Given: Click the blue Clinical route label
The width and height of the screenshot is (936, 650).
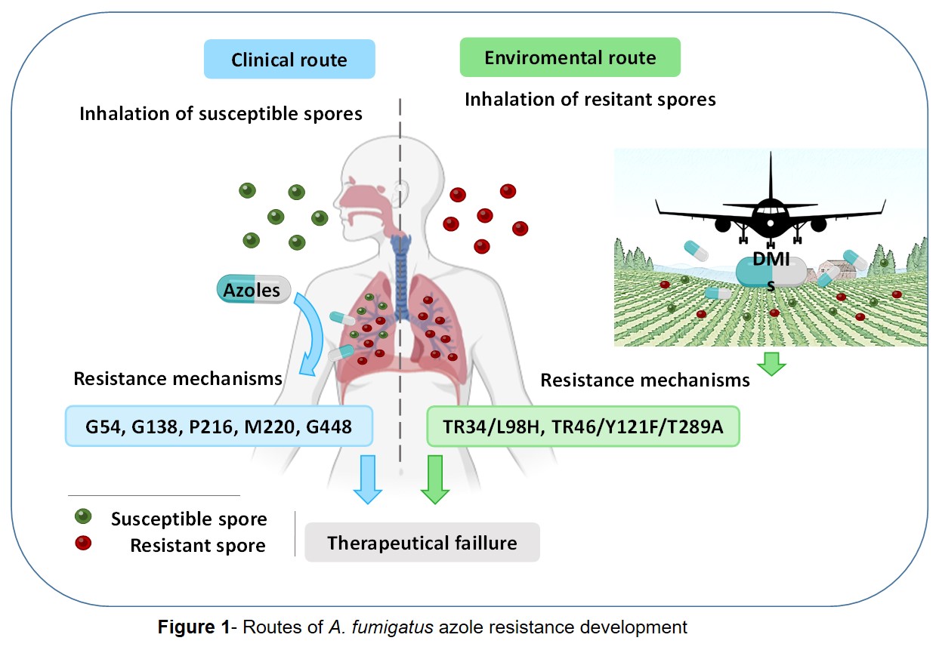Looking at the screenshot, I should [x=289, y=60].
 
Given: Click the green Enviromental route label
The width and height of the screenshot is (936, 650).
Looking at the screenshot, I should [x=570, y=58].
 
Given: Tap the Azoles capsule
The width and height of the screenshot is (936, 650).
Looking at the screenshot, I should [x=252, y=289].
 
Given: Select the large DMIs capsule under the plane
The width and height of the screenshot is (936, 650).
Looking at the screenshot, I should [x=771, y=270].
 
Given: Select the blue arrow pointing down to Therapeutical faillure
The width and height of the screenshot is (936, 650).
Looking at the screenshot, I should [x=368, y=479].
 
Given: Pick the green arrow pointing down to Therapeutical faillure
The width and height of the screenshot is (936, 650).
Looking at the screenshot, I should [x=434, y=479].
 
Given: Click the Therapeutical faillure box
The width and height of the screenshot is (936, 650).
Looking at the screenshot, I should [x=422, y=542].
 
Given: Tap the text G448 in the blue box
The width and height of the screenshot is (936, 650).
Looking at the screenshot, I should [x=329, y=427].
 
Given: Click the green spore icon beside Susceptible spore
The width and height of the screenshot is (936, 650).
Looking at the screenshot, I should [x=82, y=517].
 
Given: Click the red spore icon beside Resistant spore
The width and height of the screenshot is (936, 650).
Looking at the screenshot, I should [x=82, y=543].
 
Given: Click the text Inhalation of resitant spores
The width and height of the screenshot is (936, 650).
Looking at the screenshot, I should [x=590, y=99].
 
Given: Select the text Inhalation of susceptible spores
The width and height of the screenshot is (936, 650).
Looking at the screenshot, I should [x=221, y=114].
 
